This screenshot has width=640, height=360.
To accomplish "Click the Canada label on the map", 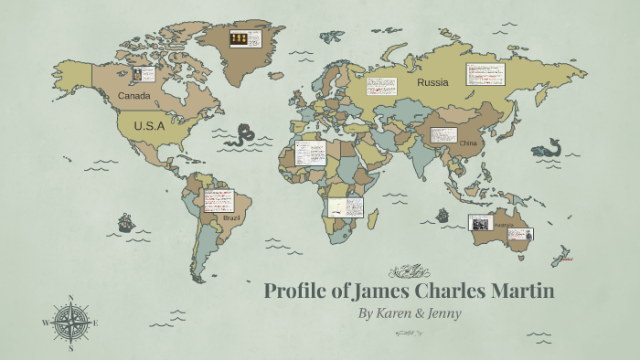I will click(x=133, y=95).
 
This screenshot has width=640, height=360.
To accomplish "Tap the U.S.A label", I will click(x=148, y=126).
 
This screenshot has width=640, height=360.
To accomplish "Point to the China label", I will click(x=468, y=143).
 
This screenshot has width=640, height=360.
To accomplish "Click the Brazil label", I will click(x=232, y=219).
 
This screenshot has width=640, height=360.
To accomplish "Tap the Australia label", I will click(x=505, y=224).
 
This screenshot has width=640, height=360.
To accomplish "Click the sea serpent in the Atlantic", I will click(x=242, y=137).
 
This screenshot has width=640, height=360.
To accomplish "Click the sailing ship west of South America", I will click(x=125, y=223).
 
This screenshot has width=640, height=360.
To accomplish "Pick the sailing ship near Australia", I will click(x=443, y=217).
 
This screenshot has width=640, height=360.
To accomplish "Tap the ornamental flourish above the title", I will click(x=409, y=270).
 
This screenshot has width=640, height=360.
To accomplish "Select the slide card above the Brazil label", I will click(x=219, y=200).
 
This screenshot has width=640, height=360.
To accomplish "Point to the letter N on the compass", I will click(x=71, y=298).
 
